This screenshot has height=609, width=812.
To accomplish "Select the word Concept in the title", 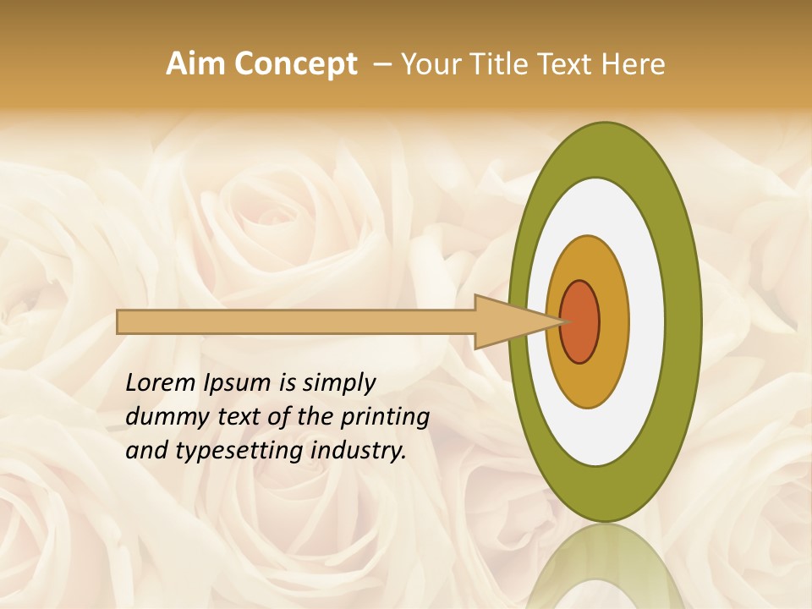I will coord(296,64).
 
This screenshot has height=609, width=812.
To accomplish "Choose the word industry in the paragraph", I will coord(359,451).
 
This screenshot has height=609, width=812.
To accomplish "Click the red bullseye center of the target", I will coord(580,321).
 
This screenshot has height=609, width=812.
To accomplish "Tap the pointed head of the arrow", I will coord(554,321).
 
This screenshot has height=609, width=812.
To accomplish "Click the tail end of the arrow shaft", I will coord(120,321).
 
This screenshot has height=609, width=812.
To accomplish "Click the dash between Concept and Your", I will coord(381,64).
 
